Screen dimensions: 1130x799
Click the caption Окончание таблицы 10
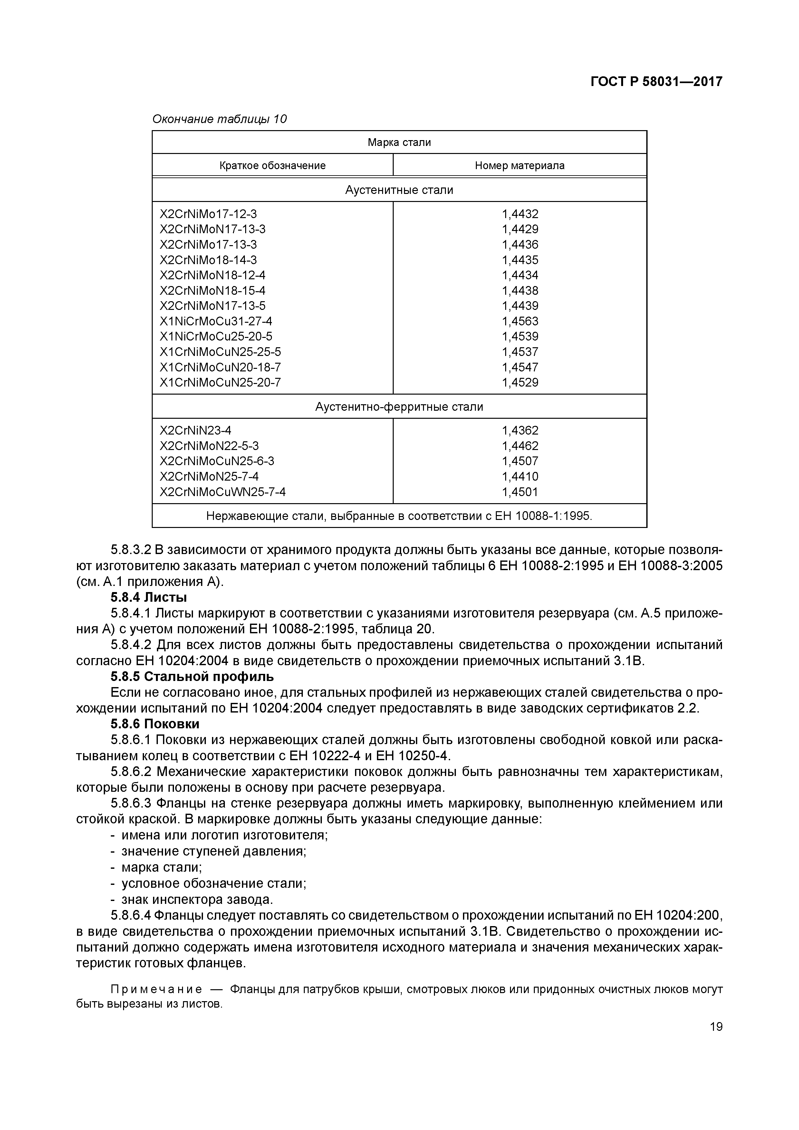pos(220,119)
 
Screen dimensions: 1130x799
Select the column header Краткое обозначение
pos(272,165)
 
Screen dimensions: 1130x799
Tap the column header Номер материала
pos(519,165)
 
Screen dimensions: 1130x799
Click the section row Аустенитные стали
pos(399,190)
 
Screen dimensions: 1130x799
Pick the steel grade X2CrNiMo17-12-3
pos(208,214)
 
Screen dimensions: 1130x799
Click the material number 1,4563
pos(520,321)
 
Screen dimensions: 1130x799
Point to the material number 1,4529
pos(520,382)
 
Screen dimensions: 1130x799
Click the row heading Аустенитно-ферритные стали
pos(399,407)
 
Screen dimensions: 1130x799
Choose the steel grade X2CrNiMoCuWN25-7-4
pos(223,492)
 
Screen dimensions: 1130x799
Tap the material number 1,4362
pos(520,431)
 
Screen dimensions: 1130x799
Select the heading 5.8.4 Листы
pos(149,598)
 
